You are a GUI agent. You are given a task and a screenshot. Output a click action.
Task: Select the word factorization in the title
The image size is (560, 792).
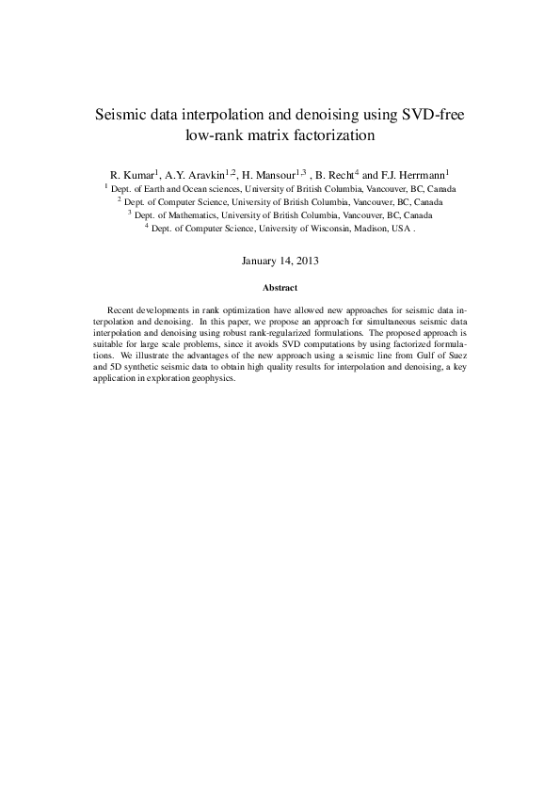tap(328, 135)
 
